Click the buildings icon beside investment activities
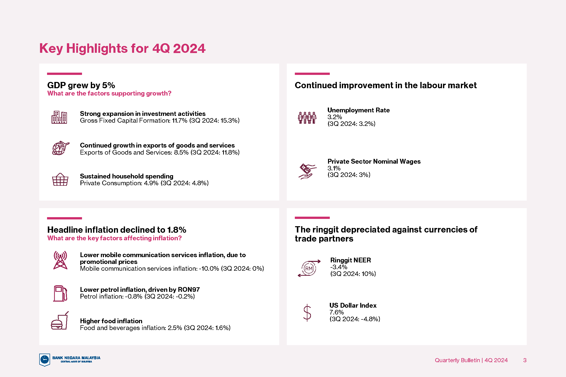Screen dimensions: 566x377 coord(59,117)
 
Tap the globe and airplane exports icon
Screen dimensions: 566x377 coord(61,148)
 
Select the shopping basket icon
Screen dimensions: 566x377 coord(60,179)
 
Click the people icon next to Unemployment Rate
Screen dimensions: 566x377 coord(307,118)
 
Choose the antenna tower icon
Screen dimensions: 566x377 coord(60,260)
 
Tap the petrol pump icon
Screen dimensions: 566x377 coord(60,293)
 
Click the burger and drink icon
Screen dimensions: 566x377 coord(60,320)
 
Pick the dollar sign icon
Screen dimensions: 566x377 coord(307,313)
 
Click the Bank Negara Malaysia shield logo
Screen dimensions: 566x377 coord(45,360)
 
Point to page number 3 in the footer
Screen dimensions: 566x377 coord(525,360)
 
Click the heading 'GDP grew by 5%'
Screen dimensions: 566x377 coord(81,85)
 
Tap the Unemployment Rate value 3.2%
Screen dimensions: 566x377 coord(335,117)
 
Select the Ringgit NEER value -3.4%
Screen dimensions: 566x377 coord(339,267)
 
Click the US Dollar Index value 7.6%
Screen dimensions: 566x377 coord(337,312)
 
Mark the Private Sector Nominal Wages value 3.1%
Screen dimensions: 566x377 coord(334,168)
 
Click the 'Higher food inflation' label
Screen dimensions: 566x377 coord(111,321)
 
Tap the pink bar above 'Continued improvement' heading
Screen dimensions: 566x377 coord(312,74)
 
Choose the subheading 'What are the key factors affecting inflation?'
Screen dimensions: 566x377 coord(114,238)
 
